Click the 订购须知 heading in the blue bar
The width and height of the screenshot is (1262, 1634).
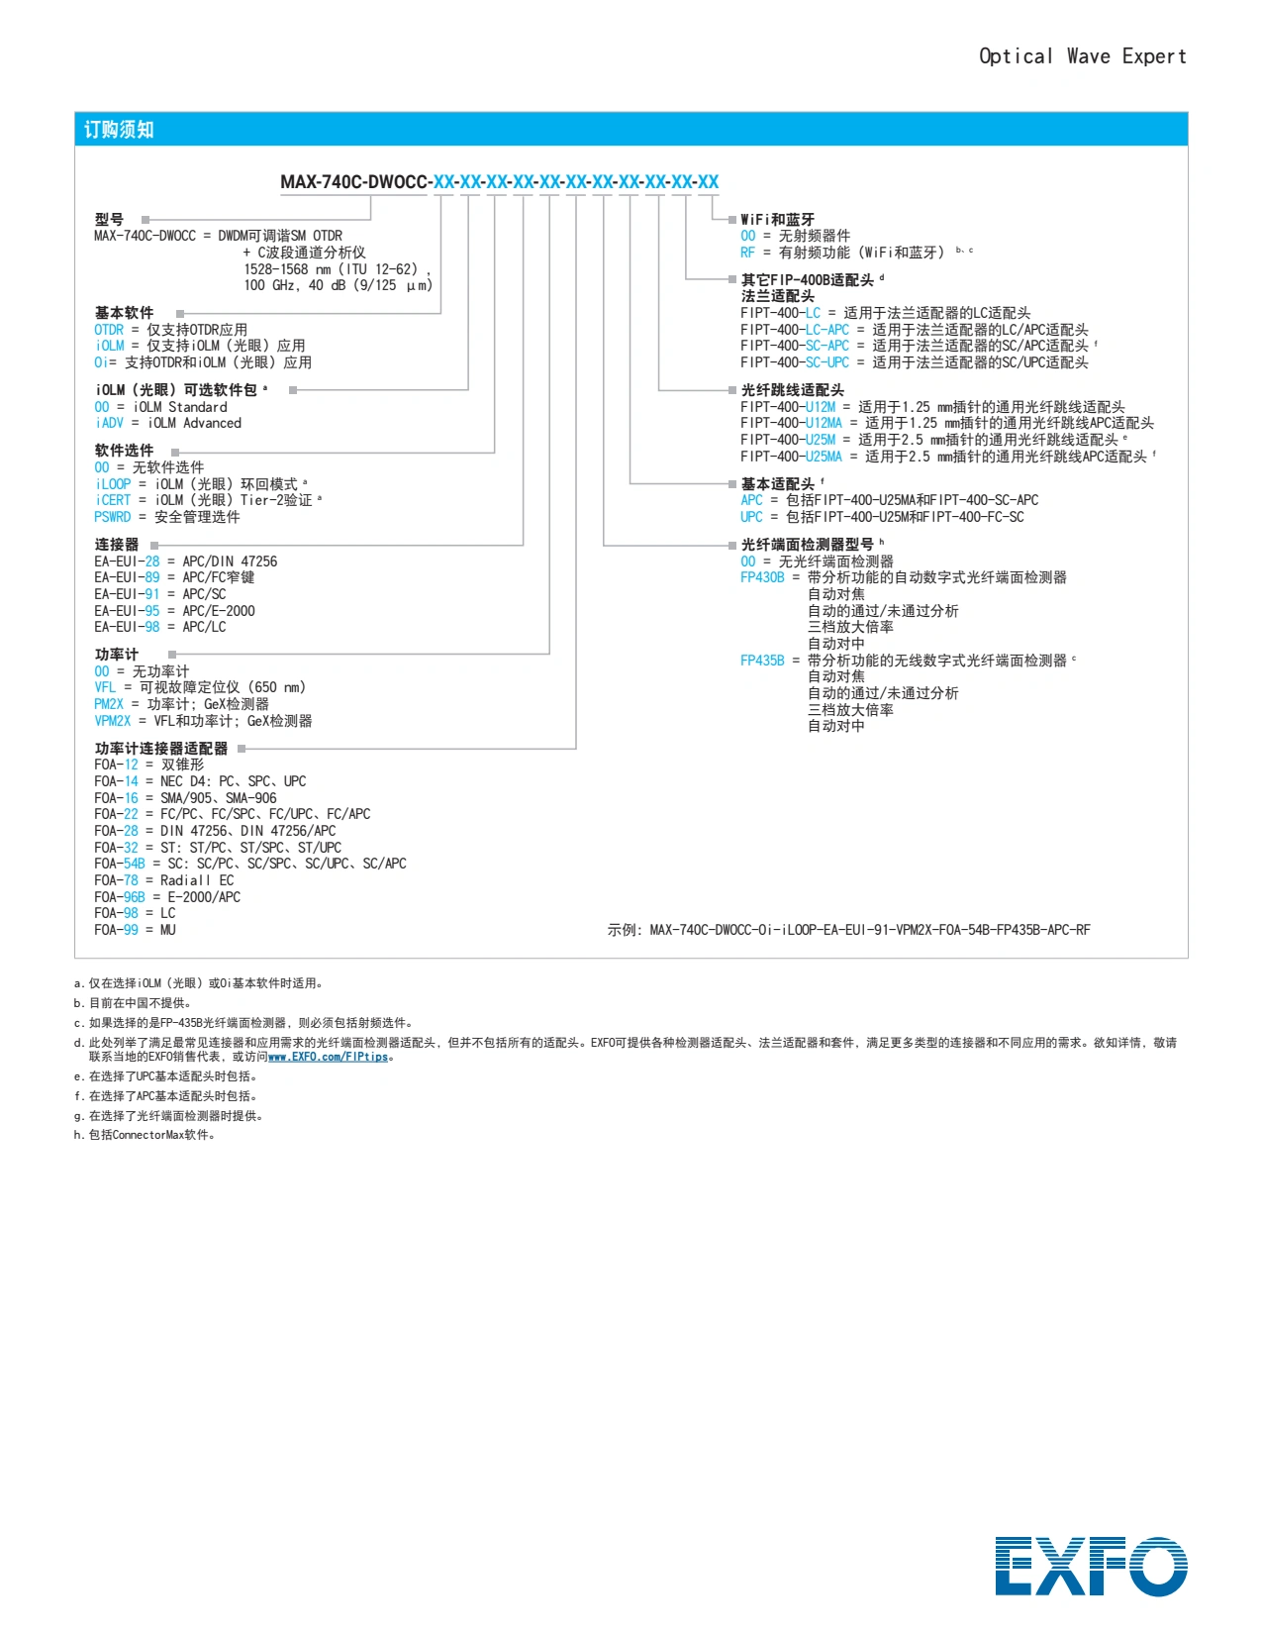click(x=119, y=130)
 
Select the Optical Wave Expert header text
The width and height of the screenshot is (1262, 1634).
click(x=1083, y=56)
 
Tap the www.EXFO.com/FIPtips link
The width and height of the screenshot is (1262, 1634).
click(x=328, y=1057)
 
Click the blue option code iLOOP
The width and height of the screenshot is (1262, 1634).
click(x=113, y=483)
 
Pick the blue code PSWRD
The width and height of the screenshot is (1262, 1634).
click(x=113, y=517)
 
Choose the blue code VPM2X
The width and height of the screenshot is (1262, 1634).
click(x=113, y=720)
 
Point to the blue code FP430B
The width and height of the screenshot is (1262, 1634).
click(x=762, y=576)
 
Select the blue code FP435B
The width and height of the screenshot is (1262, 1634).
click(x=762, y=660)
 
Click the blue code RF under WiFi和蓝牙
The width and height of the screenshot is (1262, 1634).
click(x=747, y=253)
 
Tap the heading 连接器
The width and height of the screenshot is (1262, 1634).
click(x=117, y=545)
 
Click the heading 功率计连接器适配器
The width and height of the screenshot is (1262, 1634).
click(x=161, y=749)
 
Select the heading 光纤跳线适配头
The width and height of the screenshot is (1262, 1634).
click(x=792, y=389)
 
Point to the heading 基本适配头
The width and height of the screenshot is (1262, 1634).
click(x=778, y=483)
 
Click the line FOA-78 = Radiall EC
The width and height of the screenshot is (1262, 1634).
click(x=164, y=879)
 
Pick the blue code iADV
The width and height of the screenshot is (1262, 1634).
click(x=109, y=423)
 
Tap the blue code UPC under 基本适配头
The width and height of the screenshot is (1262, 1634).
click(x=751, y=517)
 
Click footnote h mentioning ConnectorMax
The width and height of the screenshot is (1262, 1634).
click(x=146, y=1135)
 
